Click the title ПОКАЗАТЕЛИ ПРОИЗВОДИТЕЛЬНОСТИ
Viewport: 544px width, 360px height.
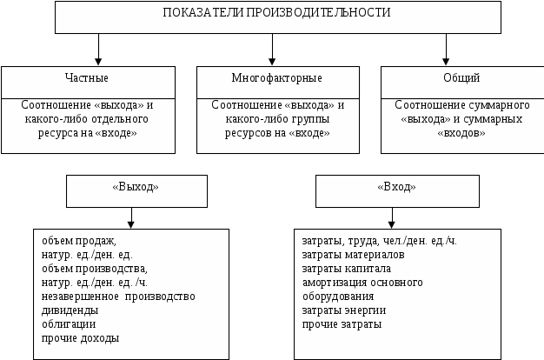pos(277,13)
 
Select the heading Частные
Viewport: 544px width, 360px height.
pos(87,78)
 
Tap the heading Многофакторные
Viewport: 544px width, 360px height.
pos(272,78)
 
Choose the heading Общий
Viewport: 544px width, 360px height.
pos(461,78)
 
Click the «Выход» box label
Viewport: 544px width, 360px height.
pos(136,187)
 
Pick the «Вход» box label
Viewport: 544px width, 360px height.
pos(396,187)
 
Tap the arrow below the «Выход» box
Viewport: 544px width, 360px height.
pos(131,217)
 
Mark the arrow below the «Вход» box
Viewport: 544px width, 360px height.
pos(391,217)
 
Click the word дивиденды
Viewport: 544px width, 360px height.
pos(70,310)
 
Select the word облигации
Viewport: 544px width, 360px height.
pos(69,324)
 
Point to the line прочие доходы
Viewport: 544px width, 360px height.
pos(81,338)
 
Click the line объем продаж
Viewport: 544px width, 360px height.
pos(78,241)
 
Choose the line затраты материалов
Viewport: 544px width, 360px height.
pos(353,255)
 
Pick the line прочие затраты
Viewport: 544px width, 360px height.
pos(341,324)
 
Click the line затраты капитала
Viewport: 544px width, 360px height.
pos(346,269)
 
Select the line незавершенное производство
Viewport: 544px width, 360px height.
pos(118,297)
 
